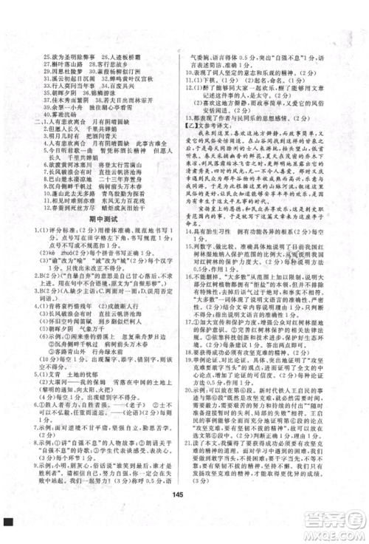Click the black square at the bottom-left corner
[8, 522]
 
